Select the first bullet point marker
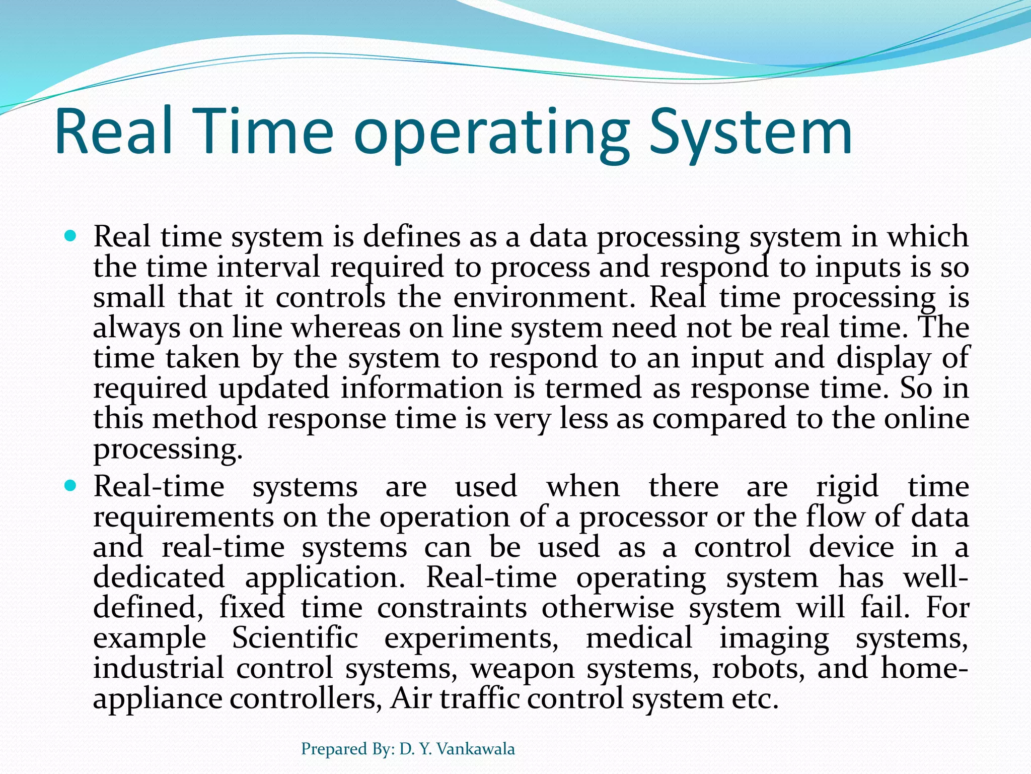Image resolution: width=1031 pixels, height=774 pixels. [x=70, y=235]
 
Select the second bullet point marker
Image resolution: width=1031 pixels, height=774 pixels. [x=70, y=486]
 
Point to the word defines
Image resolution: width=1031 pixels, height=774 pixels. [x=411, y=236]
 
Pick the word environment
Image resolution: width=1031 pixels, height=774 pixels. [x=541, y=297]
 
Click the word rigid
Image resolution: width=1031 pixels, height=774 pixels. [x=847, y=487]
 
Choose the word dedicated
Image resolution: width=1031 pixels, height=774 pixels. [x=159, y=577]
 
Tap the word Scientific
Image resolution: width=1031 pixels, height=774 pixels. [x=295, y=638]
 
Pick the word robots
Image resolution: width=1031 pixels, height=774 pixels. [x=758, y=668]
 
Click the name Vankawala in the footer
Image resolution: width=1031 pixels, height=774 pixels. [x=475, y=749]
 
